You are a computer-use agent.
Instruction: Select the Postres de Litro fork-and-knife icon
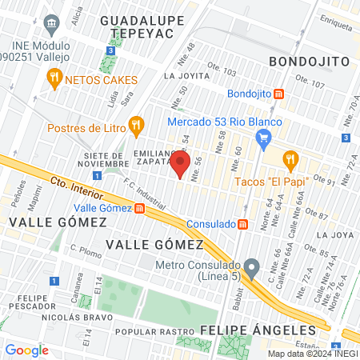click(x=137, y=125)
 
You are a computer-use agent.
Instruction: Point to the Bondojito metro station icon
click(x=278, y=94)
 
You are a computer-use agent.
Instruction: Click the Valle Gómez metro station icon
click(x=140, y=208)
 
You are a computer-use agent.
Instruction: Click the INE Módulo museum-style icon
click(x=53, y=23)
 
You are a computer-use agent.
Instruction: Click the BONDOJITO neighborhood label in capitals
click(x=309, y=61)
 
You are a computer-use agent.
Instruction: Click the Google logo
click(x=27, y=350)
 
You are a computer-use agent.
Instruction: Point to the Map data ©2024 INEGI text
click(x=311, y=354)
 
